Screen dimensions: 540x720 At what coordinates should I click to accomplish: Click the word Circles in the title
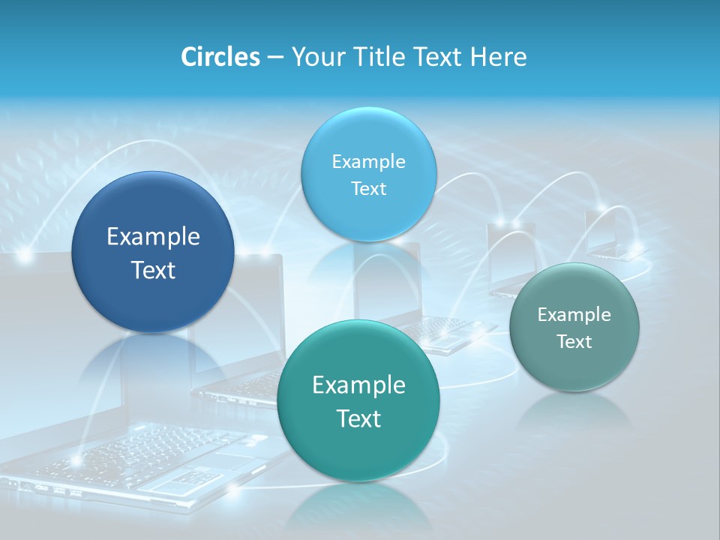pos(220,57)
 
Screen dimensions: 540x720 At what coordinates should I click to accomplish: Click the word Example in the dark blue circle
pos(153,237)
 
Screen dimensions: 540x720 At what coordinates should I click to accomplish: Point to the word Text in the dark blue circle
pos(153,270)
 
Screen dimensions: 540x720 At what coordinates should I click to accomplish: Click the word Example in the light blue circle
pos(368,161)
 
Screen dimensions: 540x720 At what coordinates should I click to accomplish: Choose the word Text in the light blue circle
pos(368,188)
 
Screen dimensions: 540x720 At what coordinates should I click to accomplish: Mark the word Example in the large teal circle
pos(358,385)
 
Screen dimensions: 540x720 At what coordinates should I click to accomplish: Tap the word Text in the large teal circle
pos(358,418)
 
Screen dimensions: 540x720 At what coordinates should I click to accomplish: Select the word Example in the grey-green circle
pos(574,314)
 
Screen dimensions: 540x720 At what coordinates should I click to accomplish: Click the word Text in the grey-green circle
pos(574,342)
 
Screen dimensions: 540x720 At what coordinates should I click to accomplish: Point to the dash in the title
pos(275,58)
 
